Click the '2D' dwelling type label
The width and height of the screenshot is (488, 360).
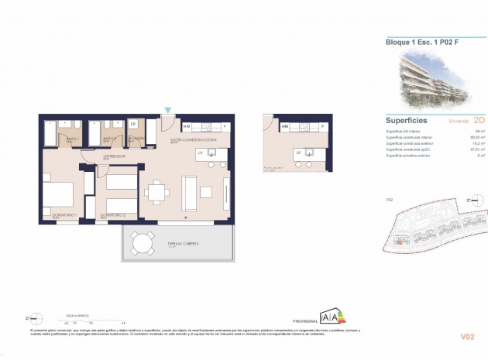pos(478,121)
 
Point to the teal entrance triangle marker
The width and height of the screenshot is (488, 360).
pos(167,111)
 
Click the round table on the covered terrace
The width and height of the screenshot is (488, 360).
pos(141,242)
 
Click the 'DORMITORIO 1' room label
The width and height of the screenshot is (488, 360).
pos(57,214)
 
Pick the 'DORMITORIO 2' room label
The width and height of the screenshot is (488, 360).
pos(113,214)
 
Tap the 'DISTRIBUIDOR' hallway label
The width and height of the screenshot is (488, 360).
pos(115,156)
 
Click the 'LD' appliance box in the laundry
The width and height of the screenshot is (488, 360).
pos(133,124)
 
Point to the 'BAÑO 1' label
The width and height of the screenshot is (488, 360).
pos(73,139)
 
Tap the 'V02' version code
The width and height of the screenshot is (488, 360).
pos(468,336)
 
